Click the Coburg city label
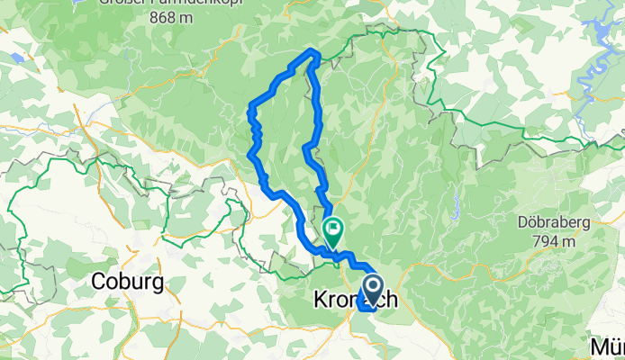click(x=128, y=283)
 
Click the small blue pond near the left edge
click(x=16, y=56)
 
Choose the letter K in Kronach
click(x=319, y=301)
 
